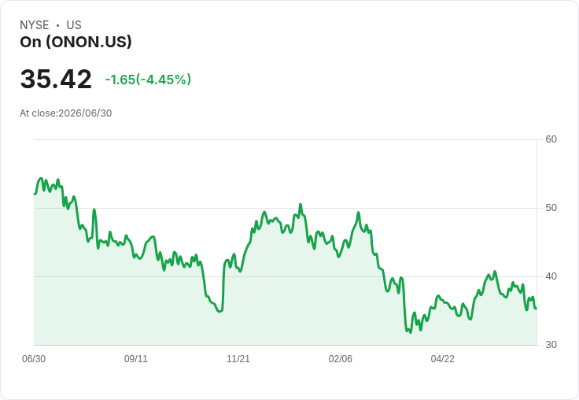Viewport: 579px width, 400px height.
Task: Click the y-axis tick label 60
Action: (551, 139)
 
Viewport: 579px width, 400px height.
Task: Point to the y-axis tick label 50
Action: (551, 208)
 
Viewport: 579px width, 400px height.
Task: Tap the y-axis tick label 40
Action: (551, 276)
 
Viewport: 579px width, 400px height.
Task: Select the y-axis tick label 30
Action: (551, 345)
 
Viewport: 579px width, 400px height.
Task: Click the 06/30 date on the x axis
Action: (34, 358)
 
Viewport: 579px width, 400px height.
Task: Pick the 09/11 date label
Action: (136, 358)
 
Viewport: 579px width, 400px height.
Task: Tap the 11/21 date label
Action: (238, 358)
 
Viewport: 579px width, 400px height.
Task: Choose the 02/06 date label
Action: (341, 358)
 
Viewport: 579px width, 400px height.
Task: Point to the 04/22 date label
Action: (443, 358)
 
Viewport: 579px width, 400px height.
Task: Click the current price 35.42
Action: (56, 79)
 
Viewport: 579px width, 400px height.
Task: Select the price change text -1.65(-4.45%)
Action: (148, 80)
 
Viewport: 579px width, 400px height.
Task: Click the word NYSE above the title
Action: (35, 25)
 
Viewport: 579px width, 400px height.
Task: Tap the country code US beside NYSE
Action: (74, 25)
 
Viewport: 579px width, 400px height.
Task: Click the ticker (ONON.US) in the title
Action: (89, 43)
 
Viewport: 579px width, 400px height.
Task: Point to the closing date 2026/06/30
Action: (85, 113)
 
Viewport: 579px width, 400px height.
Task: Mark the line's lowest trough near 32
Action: (410, 332)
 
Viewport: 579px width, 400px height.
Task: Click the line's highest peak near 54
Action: (41, 178)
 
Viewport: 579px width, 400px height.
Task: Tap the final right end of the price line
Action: (537, 309)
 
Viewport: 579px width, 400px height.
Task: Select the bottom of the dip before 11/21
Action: (220, 311)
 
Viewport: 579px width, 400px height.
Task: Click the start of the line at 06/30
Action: (35, 194)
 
